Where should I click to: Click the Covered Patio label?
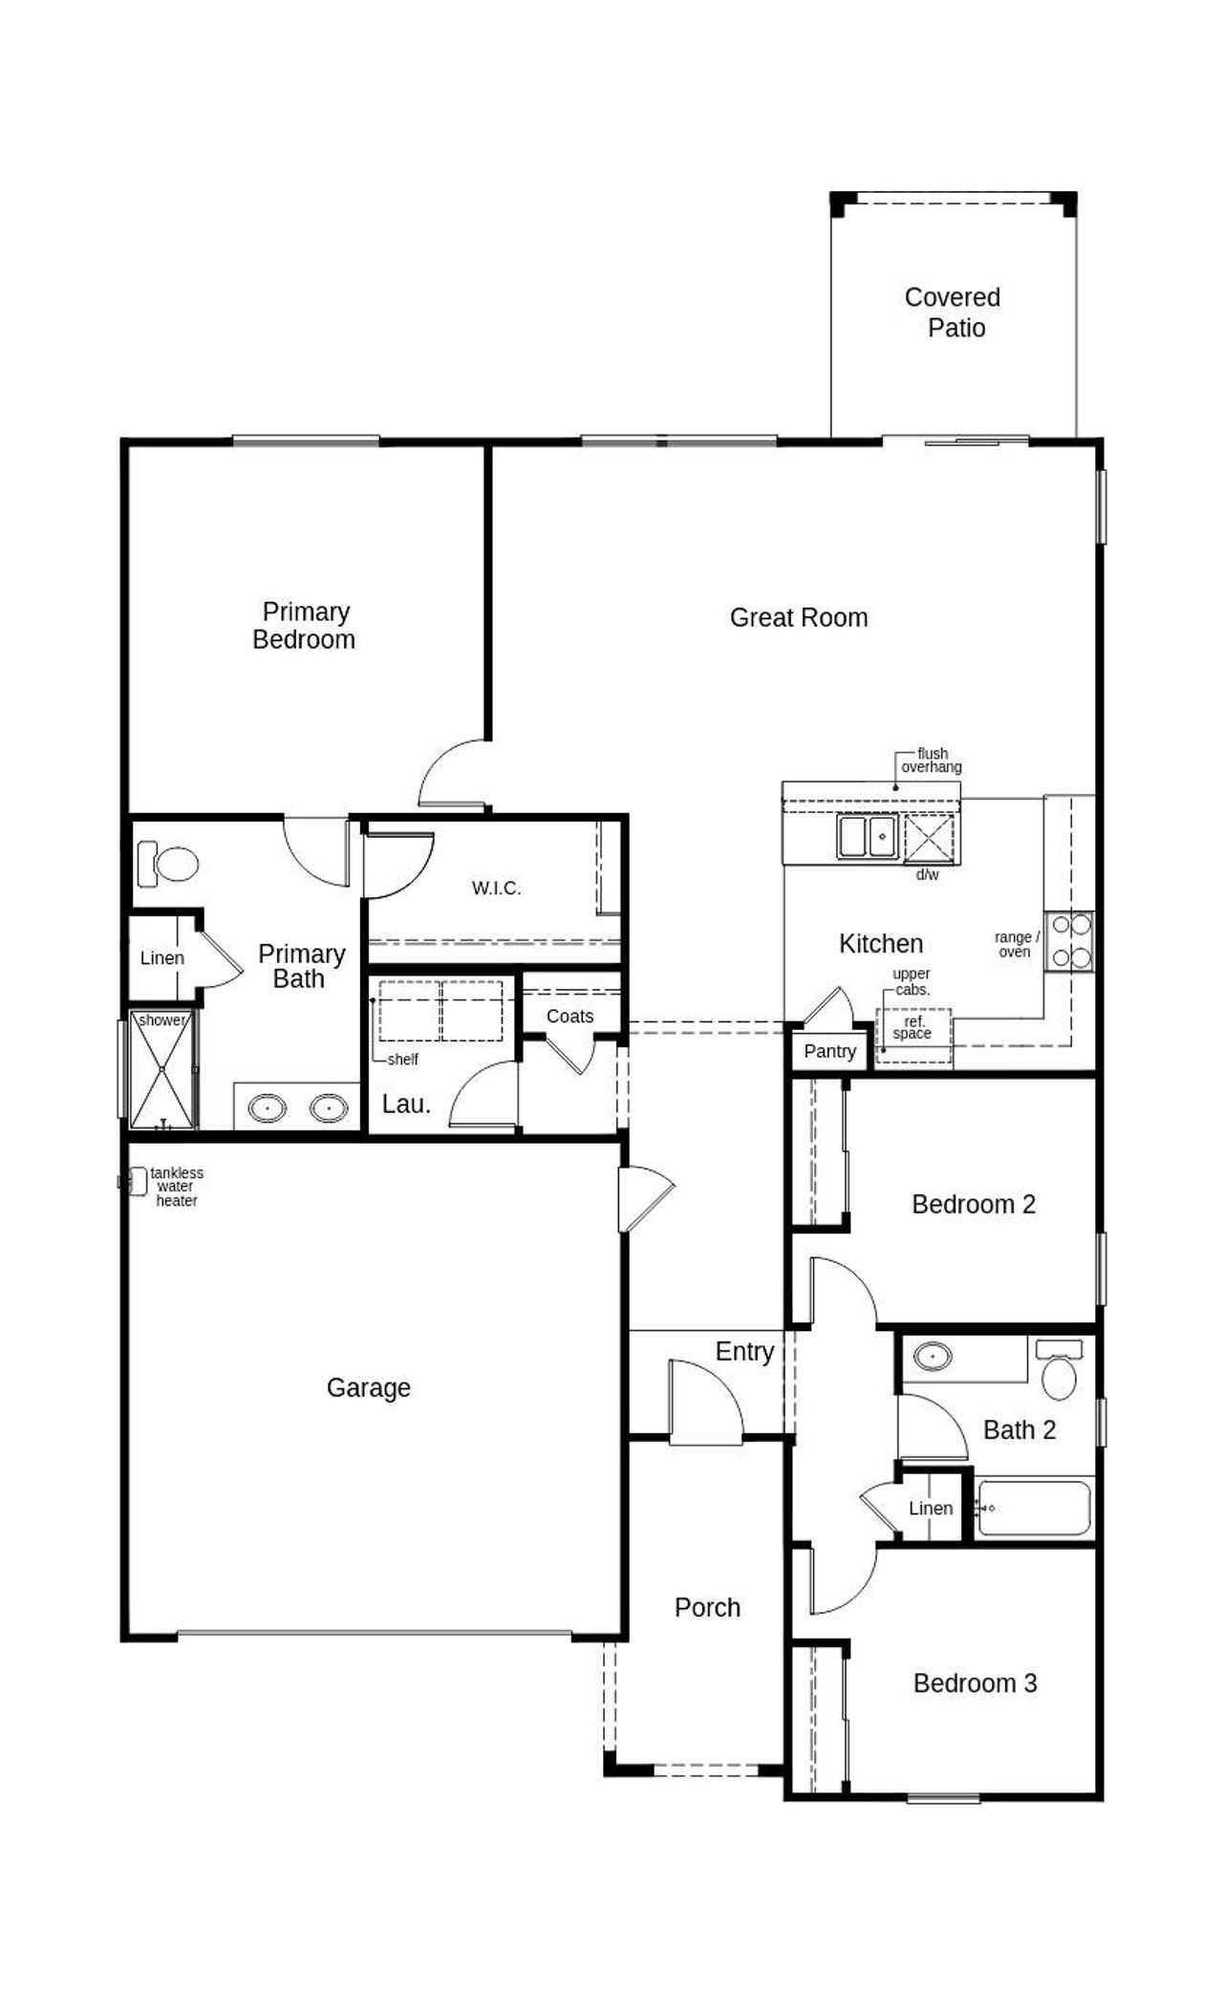(953, 312)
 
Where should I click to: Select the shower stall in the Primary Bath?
(162, 1070)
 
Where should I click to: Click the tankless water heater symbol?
(135, 1182)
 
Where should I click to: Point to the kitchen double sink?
(868, 836)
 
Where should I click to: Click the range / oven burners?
(1070, 941)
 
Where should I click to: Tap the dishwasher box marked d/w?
(930, 839)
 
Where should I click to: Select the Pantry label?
(829, 1051)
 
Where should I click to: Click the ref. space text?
(912, 1028)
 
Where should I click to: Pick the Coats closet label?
(569, 1016)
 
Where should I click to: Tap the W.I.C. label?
(497, 889)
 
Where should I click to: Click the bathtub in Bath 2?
(1035, 1509)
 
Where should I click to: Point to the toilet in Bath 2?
(1059, 1370)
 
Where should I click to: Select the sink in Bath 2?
(933, 1356)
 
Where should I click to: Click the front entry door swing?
(704, 1402)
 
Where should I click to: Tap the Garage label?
(368, 1387)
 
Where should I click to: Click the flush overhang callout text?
(932, 761)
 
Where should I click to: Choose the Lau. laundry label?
(406, 1105)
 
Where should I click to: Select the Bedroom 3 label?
(975, 1683)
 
